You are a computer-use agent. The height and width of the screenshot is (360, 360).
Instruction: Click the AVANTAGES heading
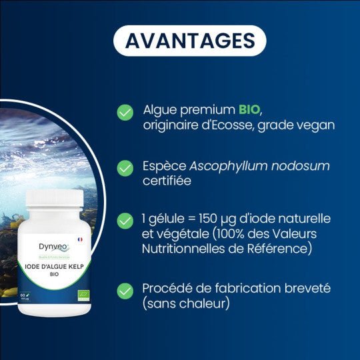pos(190,40)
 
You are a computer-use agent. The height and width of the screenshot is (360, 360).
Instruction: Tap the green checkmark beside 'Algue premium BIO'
pos(125,112)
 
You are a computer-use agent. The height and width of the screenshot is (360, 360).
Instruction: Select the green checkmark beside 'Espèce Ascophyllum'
pos(125,167)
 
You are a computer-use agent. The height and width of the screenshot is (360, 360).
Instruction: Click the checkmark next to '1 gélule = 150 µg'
pos(125,221)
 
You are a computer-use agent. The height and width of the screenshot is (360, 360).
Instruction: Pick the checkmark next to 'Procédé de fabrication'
pos(125,291)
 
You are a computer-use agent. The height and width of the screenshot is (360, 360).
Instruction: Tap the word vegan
pos(319,125)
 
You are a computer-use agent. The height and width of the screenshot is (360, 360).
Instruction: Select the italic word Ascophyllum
pos(225,166)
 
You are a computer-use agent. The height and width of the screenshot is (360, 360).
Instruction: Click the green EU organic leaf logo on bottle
pos(83,294)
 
